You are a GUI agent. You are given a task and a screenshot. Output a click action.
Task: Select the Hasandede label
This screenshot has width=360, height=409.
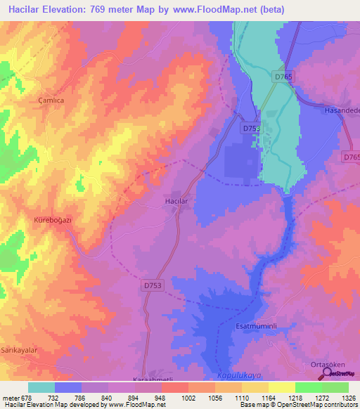click(341, 110)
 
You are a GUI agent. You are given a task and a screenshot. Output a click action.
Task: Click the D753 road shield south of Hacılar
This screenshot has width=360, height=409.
click(152, 286)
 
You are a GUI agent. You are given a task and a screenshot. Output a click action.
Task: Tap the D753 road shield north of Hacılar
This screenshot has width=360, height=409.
click(251, 129)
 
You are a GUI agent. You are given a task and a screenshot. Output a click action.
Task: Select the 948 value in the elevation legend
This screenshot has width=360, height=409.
click(161, 398)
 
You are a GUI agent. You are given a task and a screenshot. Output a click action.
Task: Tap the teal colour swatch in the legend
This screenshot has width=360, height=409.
click(41, 387)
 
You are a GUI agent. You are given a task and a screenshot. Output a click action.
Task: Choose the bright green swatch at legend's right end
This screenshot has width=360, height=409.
click(335, 387)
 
